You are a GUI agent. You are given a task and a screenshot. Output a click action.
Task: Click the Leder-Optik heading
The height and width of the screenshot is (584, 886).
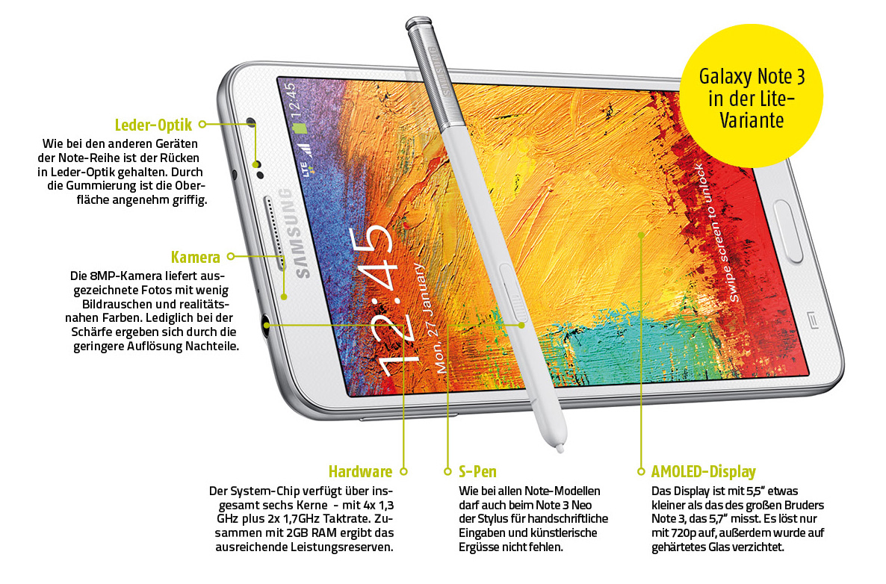pyautogui.click(x=153, y=125)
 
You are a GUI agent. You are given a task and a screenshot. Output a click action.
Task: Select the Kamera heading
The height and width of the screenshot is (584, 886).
pyautogui.click(x=196, y=257)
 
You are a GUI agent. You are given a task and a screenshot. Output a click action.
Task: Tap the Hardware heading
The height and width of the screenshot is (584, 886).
pyautogui.click(x=360, y=471)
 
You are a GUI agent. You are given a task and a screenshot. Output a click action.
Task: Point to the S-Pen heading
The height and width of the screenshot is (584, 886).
pyautogui.click(x=477, y=471)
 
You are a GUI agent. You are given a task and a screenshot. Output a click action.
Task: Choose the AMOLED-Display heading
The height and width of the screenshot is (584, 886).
pyautogui.click(x=703, y=471)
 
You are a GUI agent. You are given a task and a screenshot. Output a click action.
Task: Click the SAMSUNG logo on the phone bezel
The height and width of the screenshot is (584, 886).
pyautogui.click(x=295, y=234)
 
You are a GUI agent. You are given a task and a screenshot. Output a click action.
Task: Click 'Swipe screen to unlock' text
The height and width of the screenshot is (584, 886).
pyautogui.click(x=718, y=232)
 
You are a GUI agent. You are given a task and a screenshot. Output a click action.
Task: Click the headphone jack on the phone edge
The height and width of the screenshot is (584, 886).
pyautogui.click(x=267, y=324)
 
